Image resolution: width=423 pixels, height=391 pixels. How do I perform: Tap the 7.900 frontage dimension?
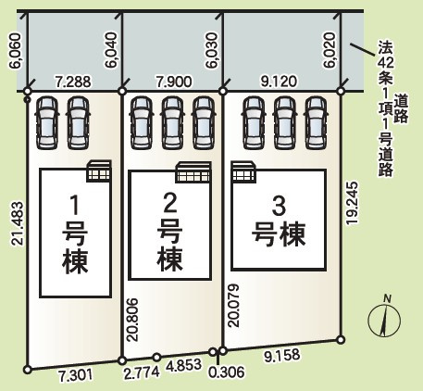pyautogui.click(x=174, y=82)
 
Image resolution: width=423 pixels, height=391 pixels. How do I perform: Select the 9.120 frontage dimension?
pyautogui.click(x=278, y=82)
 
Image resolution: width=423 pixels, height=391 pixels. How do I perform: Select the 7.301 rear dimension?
pyautogui.click(x=74, y=374)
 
